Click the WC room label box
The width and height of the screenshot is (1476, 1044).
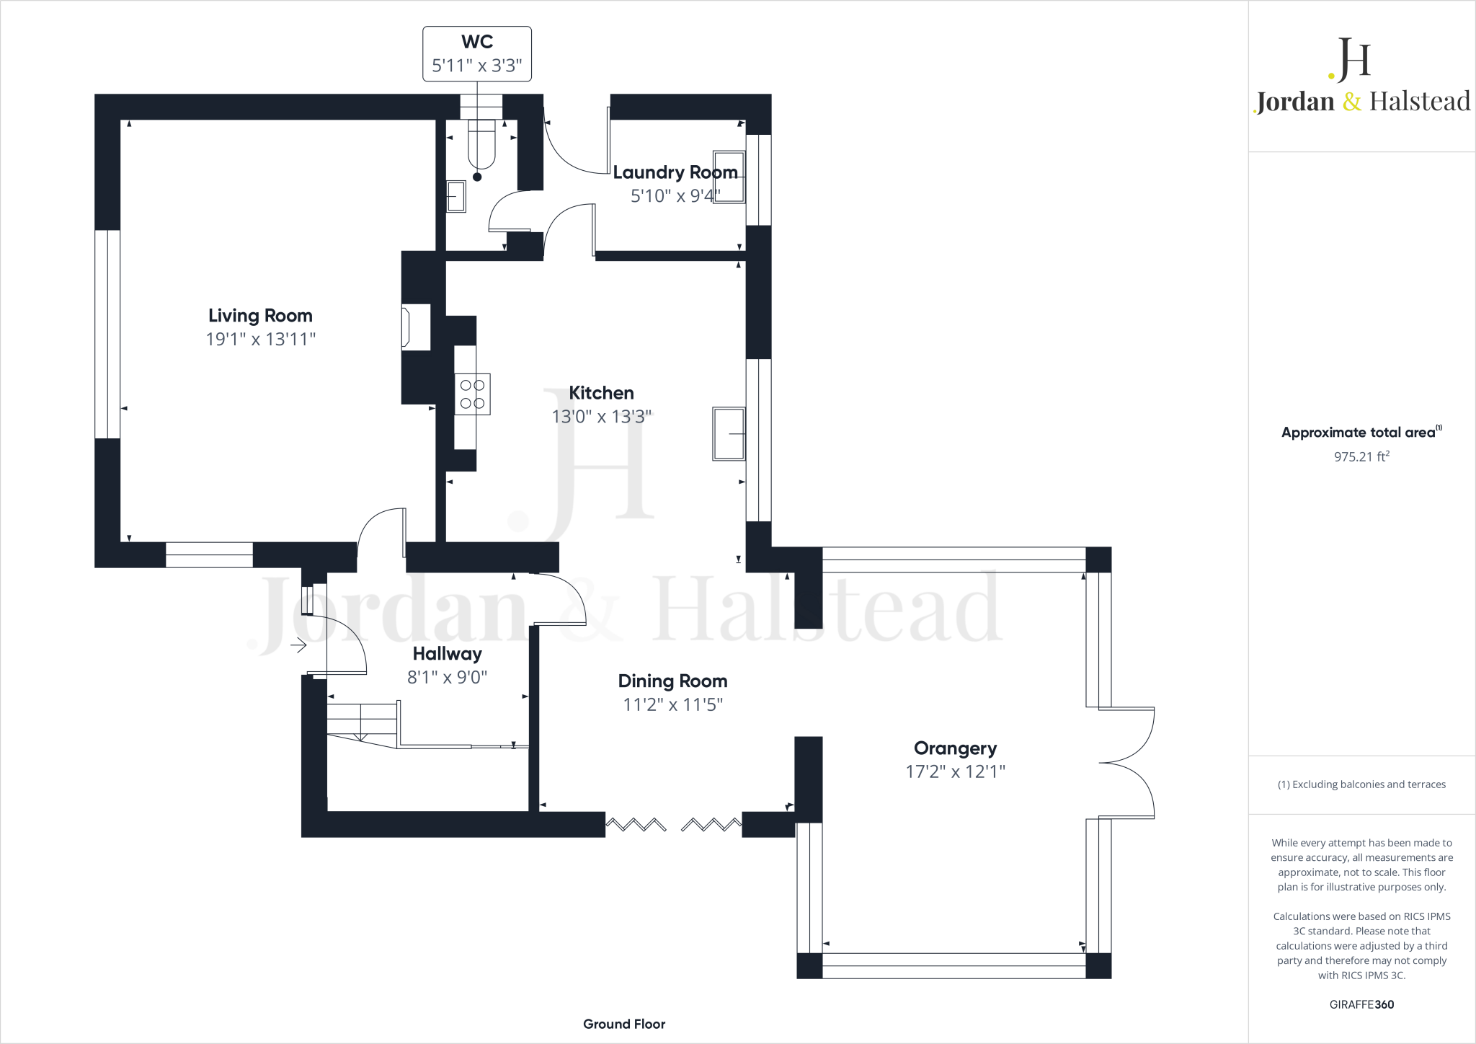tap(477, 54)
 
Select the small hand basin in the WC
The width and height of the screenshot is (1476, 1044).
tap(455, 196)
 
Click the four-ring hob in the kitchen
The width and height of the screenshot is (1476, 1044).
tap(472, 394)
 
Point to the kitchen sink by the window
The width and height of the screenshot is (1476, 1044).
tap(729, 433)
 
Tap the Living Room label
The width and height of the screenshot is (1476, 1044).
tap(260, 316)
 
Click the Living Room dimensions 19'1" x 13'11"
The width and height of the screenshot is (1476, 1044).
tap(261, 339)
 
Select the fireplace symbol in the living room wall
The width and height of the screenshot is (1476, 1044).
tap(415, 328)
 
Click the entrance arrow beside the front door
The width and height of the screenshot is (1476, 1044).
tap(298, 645)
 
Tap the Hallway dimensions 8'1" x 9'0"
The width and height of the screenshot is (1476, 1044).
tap(447, 677)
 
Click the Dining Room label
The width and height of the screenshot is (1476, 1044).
tap(672, 681)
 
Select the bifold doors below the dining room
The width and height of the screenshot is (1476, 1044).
tap(673, 824)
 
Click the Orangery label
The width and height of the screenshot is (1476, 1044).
tap(955, 748)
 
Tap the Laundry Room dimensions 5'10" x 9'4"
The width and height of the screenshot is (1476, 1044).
tap(675, 196)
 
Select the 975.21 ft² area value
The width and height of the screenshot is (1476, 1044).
tap(1361, 456)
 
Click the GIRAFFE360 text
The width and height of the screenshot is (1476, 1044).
tap(1361, 1004)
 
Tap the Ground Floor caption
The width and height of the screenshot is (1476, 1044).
tap(624, 1024)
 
